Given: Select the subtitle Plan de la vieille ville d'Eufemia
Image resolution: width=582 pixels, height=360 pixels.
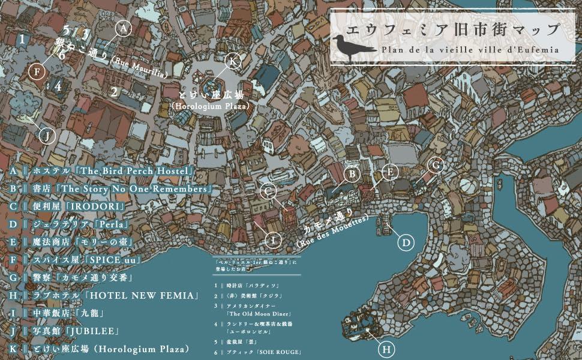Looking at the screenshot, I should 470,50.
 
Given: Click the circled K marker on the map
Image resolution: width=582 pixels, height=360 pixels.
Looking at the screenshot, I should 233,62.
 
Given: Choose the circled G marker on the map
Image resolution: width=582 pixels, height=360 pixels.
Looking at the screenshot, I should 436,165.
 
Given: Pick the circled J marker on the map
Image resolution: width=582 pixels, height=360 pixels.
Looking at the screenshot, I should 47,136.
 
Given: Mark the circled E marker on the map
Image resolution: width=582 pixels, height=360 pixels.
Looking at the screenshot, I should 390,172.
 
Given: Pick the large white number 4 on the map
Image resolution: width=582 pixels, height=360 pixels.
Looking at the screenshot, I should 58,86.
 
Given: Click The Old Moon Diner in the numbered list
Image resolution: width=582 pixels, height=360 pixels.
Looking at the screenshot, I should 259,314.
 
